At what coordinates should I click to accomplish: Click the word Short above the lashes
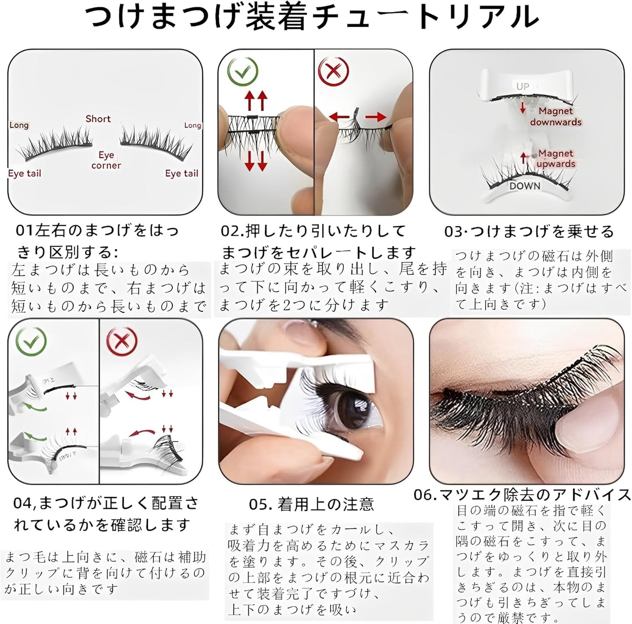point(98,118)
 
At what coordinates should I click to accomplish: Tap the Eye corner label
point(106,160)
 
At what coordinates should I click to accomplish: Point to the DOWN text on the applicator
point(524,186)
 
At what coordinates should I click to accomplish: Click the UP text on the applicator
point(522,86)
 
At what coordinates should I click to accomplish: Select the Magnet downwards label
point(555,116)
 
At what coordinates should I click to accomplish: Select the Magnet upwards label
point(555,158)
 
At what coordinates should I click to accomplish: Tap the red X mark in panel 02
point(334,71)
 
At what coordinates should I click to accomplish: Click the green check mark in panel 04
point(31,340)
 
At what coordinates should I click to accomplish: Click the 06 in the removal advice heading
point(423,495)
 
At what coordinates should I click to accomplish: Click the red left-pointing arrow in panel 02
point(339,117)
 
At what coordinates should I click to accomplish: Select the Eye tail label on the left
point(24,173)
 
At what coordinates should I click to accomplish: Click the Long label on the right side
point(192,125)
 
